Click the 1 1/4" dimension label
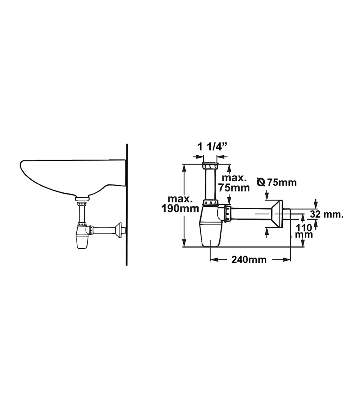coord(212,147)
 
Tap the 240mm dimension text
coord(249,260)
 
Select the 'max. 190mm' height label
coord(180,204)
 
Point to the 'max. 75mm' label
coord(234,183)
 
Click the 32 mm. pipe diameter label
coord(327,214)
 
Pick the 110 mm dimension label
coord(304,231)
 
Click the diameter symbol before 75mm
coord(261,182)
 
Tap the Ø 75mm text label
coord(277,182)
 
